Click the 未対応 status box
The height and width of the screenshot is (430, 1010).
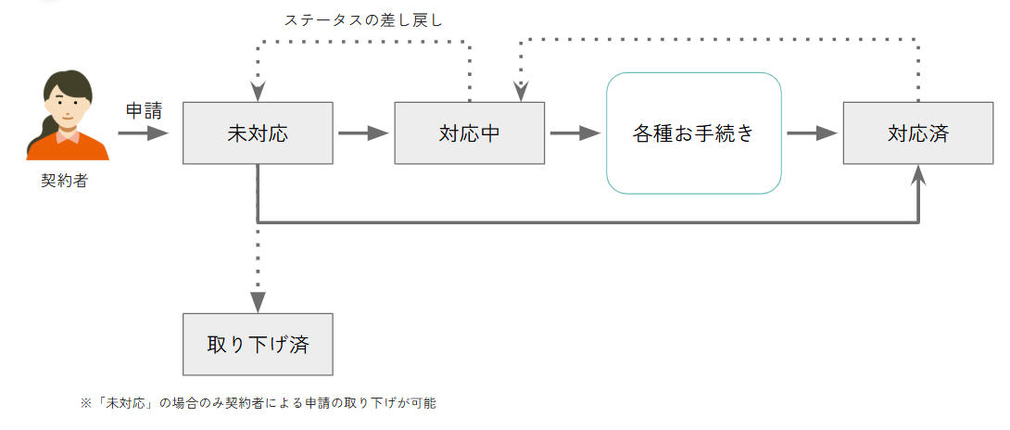pyautogui.click(x=258, y=133)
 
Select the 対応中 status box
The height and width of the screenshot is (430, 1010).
pyautogui.click(x=470, y=133)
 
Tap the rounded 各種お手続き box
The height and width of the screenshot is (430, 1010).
pyautogui.click(x=694, y=133)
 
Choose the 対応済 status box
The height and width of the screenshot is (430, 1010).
pyautogui.click(x=918, y=133)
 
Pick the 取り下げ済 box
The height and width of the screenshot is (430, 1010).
pyautogui.click(x=258, y=344)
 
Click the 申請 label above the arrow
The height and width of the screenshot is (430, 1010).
pyautogui.click(x=143, y=110)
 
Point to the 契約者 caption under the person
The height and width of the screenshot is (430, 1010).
pyautogui.click(x=63, y=181)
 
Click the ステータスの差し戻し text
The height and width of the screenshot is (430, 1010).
pyautogui.click(x=363, y=19)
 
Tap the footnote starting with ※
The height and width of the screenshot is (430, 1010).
pyautogui.click(x=258, y=403)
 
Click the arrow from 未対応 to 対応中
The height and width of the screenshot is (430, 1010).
pyautogui.click(x=364, y=133)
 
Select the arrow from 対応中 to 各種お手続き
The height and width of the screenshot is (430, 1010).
pyautogui.click(x=575, y=133)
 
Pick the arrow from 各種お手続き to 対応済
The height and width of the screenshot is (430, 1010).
pyautogui.click(x=813, y=133)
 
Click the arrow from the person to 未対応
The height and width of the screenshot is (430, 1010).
pyautogui.click(x=143, y=133)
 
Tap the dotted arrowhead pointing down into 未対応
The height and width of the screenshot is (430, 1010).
pyautogui.click(x=258, y=92)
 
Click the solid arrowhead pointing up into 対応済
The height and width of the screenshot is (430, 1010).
pyautogui.click(x=918, y=175)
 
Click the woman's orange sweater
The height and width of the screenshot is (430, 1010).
pyautogui.click(x=68, y=147)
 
